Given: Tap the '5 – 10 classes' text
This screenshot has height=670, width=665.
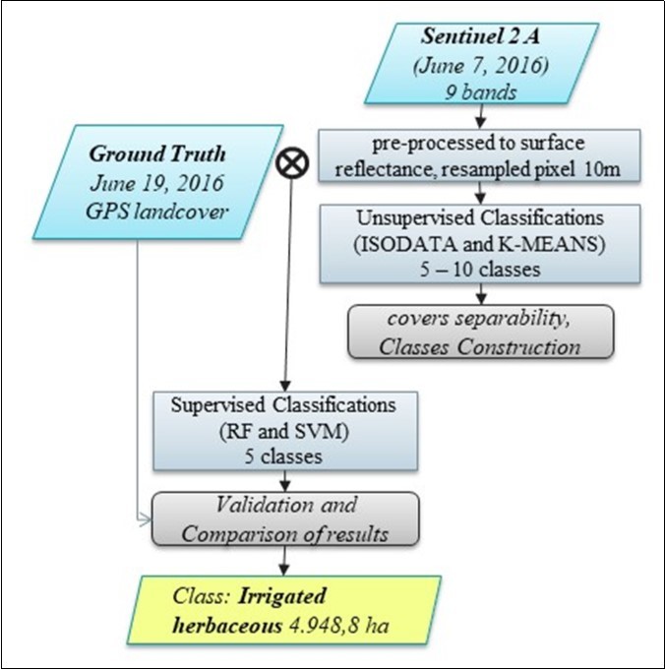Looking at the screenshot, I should (x=480, y=269).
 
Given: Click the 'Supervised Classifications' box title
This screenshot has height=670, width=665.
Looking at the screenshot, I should (x=284, y=404).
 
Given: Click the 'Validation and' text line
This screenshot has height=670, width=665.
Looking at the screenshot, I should (x=284, y=504).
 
